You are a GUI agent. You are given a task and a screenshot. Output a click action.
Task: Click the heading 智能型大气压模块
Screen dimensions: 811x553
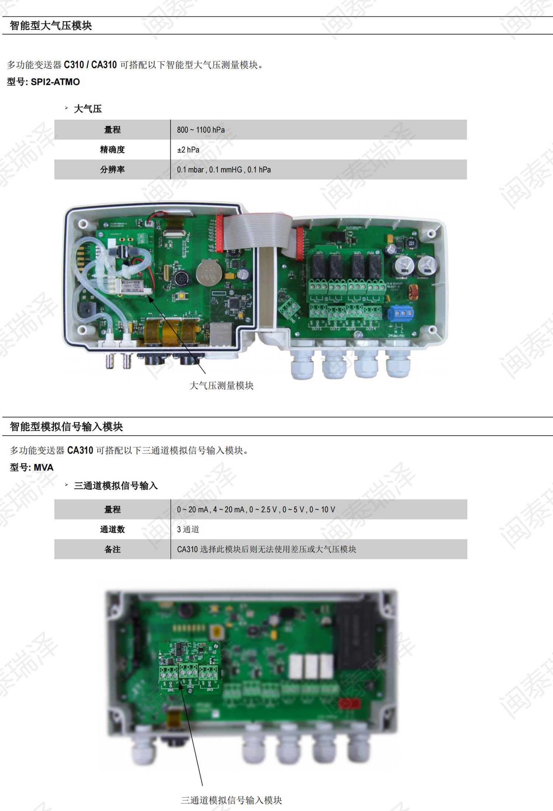pos(51,26)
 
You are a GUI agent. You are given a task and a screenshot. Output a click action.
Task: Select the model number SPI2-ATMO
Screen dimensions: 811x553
pos(55,82)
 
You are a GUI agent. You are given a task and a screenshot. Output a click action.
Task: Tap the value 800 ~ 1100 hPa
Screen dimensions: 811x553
pos(201,130)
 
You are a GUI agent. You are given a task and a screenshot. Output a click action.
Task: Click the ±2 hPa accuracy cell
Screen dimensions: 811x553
pos(188,150)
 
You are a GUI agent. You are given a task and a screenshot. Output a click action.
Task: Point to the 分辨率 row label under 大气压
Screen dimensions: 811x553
pos(112,170)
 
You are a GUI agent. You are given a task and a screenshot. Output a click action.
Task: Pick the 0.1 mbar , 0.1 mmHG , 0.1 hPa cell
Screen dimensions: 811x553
pos(224,170)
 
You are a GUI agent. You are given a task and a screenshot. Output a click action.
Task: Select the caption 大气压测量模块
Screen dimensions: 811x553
pos(221,386)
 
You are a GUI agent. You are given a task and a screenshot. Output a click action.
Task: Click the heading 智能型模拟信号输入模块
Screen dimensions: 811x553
pos(66,427)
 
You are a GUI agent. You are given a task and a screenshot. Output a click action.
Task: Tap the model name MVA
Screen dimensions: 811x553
pos(44,467)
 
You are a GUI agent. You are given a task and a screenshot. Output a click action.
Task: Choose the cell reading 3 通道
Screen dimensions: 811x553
pos(188,529)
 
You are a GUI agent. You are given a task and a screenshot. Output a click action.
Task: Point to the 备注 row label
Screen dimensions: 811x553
pos(112,549)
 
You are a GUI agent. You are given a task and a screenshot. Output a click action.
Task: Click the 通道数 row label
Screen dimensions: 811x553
pos(112,529)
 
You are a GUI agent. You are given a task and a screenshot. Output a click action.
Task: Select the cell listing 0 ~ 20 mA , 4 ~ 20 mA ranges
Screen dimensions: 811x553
pos(256,509)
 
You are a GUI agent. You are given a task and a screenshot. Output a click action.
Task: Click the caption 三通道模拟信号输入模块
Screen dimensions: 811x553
pos(232,800)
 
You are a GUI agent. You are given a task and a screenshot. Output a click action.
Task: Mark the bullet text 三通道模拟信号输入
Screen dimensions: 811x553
pos(116,486)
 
